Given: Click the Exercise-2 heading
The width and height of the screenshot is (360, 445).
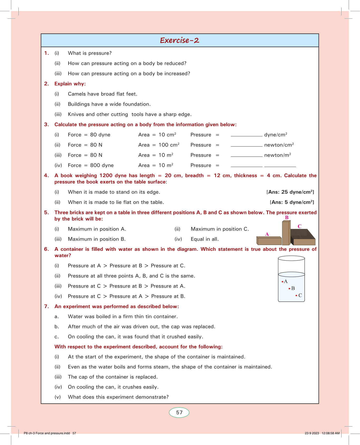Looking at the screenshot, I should pos(180,40).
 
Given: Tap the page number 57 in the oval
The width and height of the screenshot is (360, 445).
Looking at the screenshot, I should pos(179,413).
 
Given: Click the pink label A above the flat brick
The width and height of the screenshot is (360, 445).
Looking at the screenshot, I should pos(267,234).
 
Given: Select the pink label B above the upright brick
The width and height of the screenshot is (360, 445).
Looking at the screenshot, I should pos(287,218).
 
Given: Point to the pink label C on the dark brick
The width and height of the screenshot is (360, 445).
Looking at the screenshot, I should pos(300,226).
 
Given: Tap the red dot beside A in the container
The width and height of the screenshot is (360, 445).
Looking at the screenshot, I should pos(282,282).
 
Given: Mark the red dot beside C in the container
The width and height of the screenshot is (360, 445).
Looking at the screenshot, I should pos(296,296).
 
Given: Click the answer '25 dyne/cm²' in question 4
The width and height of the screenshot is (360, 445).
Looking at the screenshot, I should pos(297,192).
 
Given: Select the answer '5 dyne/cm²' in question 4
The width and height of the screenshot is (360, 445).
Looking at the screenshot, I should pos(299,202).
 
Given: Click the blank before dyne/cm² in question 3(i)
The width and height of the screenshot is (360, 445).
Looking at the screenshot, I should pos(246,135).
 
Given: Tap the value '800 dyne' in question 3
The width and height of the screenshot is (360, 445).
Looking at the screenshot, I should pos(102,165).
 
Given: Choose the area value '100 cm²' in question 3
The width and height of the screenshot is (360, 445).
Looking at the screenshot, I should pos(169,145).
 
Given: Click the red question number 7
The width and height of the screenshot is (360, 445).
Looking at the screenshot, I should pos(46,306).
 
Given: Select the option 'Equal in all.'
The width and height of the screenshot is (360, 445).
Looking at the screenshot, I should pos(205,239).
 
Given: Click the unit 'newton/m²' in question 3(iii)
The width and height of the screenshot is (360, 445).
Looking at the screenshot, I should pos(277,155).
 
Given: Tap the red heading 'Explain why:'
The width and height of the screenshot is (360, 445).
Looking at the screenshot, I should pos(70,84).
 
